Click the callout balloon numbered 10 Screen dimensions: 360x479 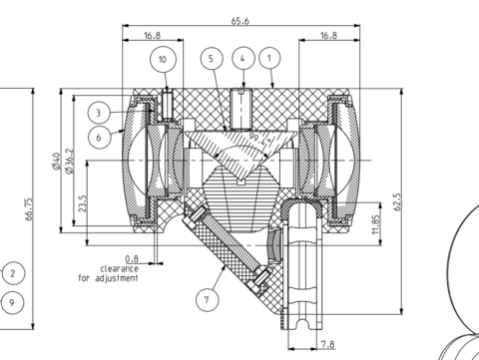[165, 59]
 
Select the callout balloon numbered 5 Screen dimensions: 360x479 [211, 59]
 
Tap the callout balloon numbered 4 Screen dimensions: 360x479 [241, 59]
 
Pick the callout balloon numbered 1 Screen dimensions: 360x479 [269, 59]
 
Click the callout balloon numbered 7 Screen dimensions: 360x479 [207, 298]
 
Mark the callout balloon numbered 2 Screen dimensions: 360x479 [12, 273]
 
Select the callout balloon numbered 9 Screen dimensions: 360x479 [12, 301]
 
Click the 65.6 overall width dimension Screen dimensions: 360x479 [239, 20]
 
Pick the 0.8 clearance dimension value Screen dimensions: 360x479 [132, 257]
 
